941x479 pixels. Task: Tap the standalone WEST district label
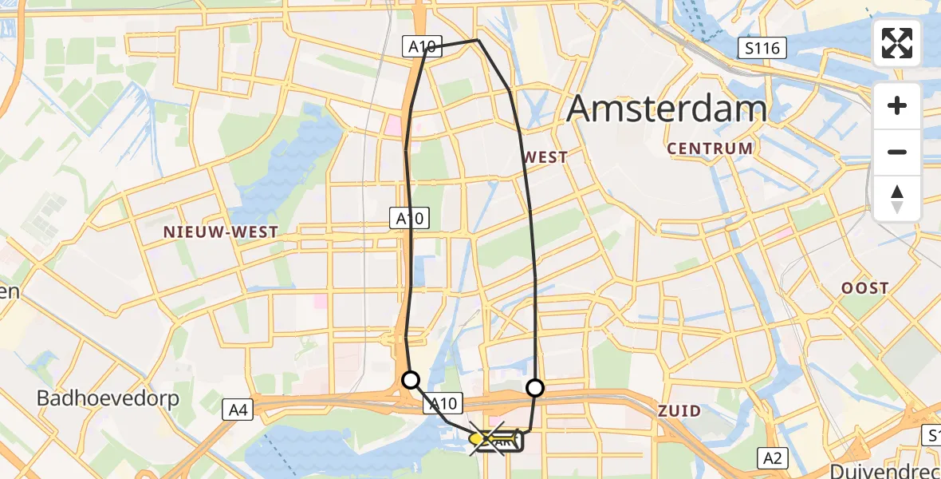546,157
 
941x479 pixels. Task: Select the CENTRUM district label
710,148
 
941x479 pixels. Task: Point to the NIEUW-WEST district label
221,232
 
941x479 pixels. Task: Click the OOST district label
864,288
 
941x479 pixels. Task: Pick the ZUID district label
679,411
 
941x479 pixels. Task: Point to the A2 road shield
772,457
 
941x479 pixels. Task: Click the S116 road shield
762,49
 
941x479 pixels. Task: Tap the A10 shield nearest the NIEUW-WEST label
410,217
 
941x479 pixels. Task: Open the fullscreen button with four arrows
897,43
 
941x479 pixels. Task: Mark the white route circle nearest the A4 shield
410,380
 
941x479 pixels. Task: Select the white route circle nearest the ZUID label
535,388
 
